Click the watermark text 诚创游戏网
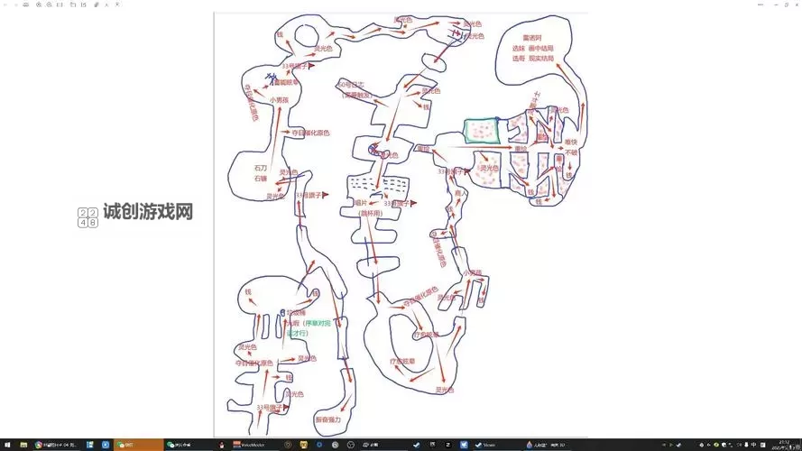point(148,212)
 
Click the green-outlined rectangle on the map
point(482,131)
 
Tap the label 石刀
point(261,167)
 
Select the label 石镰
point(261,179)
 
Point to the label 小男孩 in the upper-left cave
point(279,100)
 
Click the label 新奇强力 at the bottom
point(329,419)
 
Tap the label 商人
point(461,193)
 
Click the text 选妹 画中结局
point(532,48)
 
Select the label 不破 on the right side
point(571,152)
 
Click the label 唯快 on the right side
point(570,142)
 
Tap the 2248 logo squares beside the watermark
point(88,217)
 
